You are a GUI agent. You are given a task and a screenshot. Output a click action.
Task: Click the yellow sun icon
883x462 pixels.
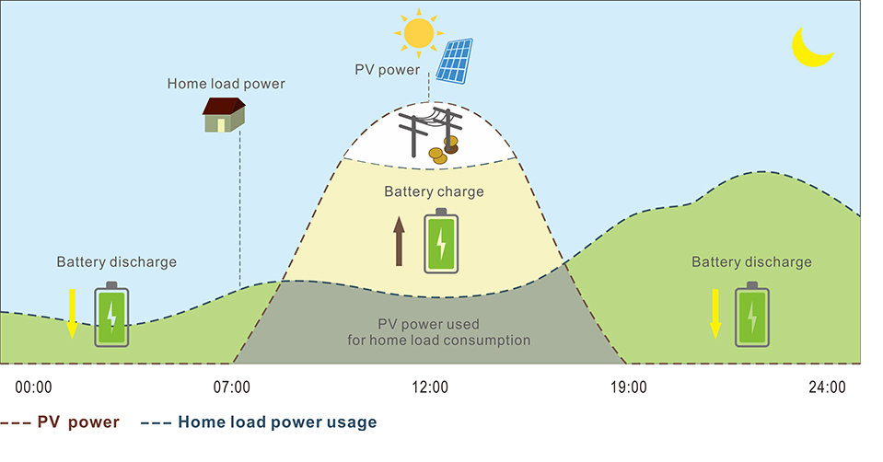pyautogui.click(x=418, y=32)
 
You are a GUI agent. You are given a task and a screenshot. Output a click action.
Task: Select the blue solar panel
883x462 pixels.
pyautogui.click(x=455, y=60)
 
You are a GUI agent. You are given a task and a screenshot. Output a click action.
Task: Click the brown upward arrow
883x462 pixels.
pyautogui.click(x=400, y=241)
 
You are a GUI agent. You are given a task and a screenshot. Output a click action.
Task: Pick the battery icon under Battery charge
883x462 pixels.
pyautogui.click(x=441, y=241)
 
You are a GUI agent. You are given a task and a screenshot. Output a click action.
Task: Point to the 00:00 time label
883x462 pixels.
pyautogui.click(x=34, y=387)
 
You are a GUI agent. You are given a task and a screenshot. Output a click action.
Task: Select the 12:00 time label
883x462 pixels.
pyautogui.click(x=429, y=387)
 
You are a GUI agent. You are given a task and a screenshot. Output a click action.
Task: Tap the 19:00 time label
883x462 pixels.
pyautogui.click(x=628, y=387)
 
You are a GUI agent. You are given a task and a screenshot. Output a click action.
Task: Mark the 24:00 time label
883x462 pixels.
pyautogui.click(x=826, y=387)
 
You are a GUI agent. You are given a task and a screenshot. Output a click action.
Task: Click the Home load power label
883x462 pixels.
pyautogui.click(x=226, y=84)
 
